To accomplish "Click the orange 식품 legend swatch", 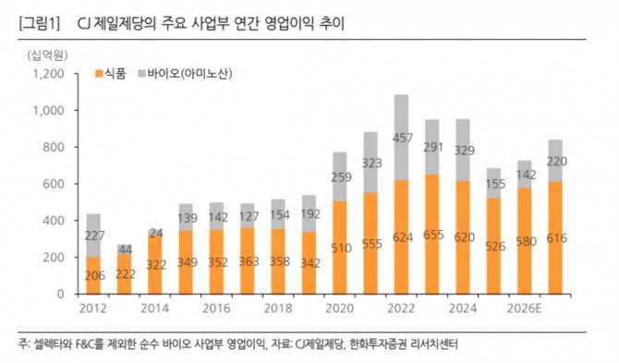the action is [99, 74].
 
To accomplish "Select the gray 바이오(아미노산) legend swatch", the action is [141, 74].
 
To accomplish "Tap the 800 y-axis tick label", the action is [53, 147].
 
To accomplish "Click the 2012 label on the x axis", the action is [93, 309].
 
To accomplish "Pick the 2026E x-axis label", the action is [524, 309].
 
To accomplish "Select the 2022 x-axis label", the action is [401, 309].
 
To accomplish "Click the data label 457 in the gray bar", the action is [402, 139].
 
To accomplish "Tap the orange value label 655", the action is [433, 236].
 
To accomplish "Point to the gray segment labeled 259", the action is [340, 176].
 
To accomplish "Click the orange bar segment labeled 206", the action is [93, 275].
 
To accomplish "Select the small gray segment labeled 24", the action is [155, 232].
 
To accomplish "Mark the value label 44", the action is [125, 250].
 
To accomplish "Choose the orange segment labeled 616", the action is [555, 238].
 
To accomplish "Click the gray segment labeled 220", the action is [555, 161].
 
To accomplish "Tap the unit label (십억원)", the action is [47, 55].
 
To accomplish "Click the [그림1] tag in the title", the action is [39, 24].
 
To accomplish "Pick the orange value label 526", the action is [494, 247].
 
